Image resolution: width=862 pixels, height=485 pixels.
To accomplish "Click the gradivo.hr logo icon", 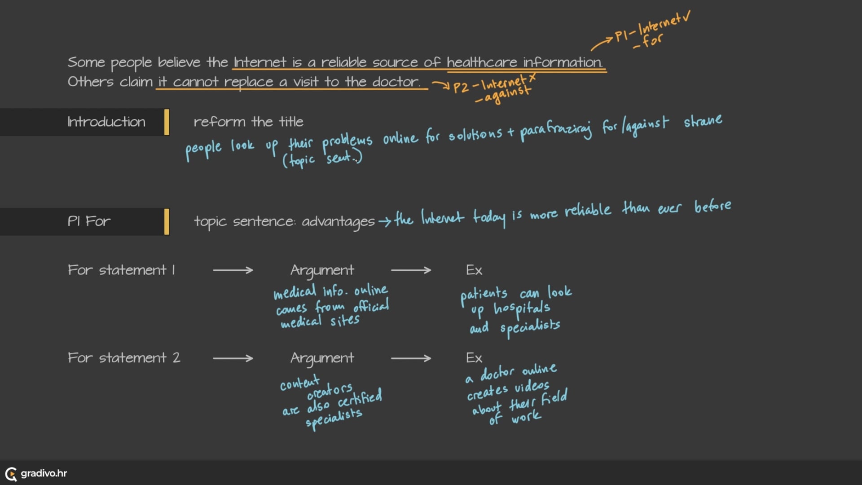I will coord(11,474).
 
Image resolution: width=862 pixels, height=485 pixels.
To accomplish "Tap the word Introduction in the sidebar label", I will coord(106,122).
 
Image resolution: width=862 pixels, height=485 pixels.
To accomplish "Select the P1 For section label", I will coord(89,221).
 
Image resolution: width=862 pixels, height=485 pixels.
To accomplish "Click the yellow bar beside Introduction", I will coord(167,122).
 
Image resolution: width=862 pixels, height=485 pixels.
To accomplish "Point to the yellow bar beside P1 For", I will coord(167,221).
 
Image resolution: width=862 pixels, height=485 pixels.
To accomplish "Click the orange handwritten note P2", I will coord(461,87).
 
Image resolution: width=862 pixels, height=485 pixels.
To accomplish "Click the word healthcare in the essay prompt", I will coord(482,62).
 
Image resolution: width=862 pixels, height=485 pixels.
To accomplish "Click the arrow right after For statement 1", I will coord(233,270).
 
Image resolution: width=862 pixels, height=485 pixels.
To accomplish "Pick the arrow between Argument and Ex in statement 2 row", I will coord(411,358).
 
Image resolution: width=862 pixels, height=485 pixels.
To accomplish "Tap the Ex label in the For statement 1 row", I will coord(474,270).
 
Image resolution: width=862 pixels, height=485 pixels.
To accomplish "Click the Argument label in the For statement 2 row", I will coord(322,358).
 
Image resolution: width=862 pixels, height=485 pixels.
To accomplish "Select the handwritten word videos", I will coord(532,387).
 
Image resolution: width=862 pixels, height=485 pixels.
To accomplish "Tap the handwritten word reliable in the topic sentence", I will coord(587,210).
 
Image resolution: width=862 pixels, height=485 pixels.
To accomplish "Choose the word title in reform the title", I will coord(291,122).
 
